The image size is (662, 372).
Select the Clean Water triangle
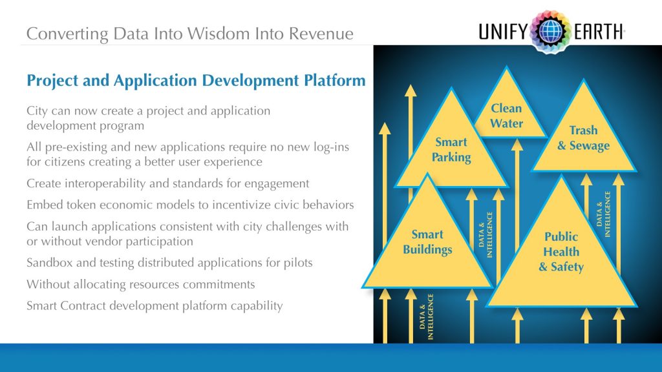coord(507,116)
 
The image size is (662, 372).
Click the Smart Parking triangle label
coord(451,149)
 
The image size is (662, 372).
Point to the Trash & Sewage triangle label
coord(583,138)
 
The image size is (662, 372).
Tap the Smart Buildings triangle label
coord(427,242)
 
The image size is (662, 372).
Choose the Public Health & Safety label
coord(561,251)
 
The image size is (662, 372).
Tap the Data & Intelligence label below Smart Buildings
coord(426,317)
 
